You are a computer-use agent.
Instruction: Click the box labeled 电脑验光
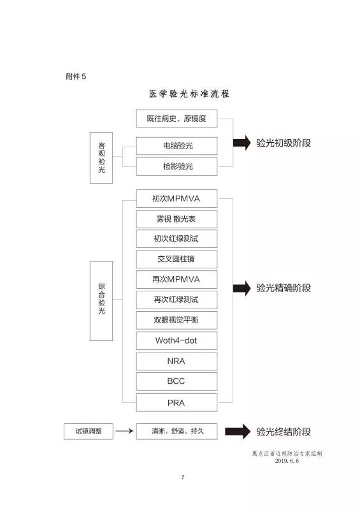click(176, 146)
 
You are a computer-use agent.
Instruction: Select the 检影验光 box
click(176, 166)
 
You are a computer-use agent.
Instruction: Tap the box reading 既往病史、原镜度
click(176, 119)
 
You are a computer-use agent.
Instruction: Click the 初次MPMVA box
click(176, 198)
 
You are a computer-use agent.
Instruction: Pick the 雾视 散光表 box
click(176, 219)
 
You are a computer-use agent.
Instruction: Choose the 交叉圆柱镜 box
click(176, 259)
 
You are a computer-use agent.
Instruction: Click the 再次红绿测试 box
click(176, 300)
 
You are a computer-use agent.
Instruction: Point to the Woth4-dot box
click(176, 340)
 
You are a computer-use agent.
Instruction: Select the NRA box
click(176, 361)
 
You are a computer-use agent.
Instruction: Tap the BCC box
click(176, 381)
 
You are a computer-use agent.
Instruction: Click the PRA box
click(176, 403)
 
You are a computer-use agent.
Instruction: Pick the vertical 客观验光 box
click(101, 157)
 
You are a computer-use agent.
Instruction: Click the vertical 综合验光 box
click(101, 301)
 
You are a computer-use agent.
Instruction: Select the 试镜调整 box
click(89, 432)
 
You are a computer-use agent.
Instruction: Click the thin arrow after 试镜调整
click(124, 431)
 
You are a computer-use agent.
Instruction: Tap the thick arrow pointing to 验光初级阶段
click(242, 142)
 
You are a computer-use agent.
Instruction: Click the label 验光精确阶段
click(284, 288)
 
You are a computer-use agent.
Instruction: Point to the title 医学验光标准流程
click(189, 94)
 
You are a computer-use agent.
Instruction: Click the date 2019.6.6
click(287, 460)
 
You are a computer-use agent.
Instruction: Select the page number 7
click(183, 477)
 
